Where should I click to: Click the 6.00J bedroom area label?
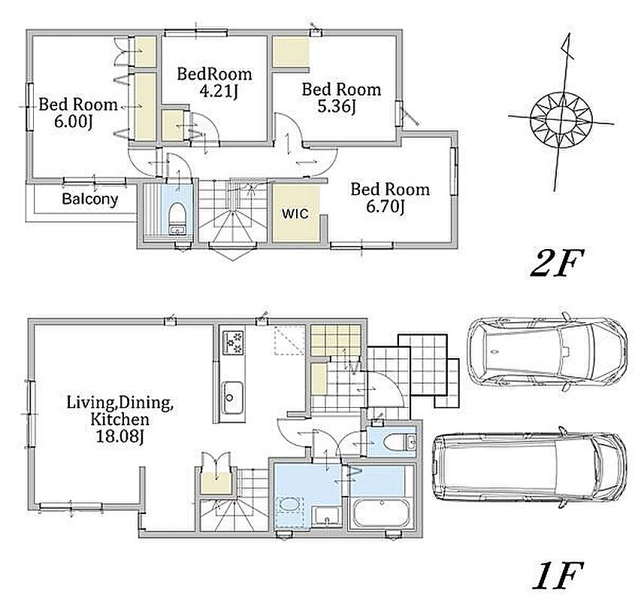click(x=74, y=121)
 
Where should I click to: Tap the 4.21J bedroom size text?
click(x=218, y=92)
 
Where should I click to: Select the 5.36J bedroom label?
click(x=337, y=107)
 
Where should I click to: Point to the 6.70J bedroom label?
click(x=385, y=207)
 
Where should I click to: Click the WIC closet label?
click(x=295, y=213)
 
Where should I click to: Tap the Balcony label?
click(x=90, y=199)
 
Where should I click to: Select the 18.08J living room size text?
click(x=120, y=436)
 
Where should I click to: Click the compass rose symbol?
click(x=561, y=119)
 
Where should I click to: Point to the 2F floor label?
click(x=557, y=263)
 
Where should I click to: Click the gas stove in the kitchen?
click(x=233, y=342)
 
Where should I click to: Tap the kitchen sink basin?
click(x=232, y=397)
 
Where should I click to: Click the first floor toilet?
click(x=399, y=442)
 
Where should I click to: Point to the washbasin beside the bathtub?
click(x=326, y=517)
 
